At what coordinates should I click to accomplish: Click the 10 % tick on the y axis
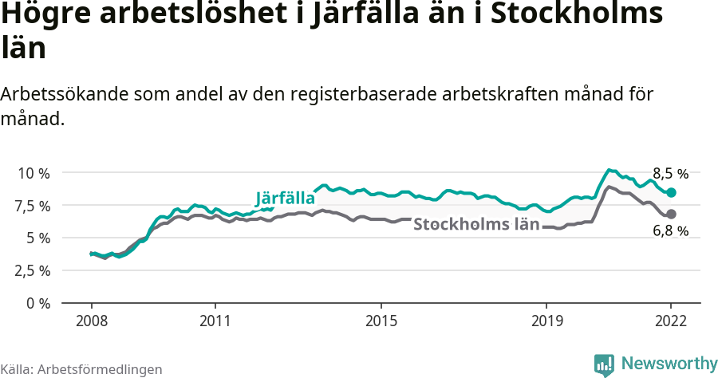(33, 173)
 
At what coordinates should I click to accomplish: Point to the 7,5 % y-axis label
(33, 206)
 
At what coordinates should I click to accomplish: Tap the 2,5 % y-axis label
(33, 270)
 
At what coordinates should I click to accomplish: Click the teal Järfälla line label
(285, 199)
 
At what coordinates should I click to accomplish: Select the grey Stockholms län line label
(475, 224)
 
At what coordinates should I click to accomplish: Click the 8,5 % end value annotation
(670, 173)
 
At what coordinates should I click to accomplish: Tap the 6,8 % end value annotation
(670, 231)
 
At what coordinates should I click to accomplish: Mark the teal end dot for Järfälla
(672, 193)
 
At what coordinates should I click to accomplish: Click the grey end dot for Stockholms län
(672, 214)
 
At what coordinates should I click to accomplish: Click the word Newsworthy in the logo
(669, 364)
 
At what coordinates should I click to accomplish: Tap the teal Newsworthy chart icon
(604, 364)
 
